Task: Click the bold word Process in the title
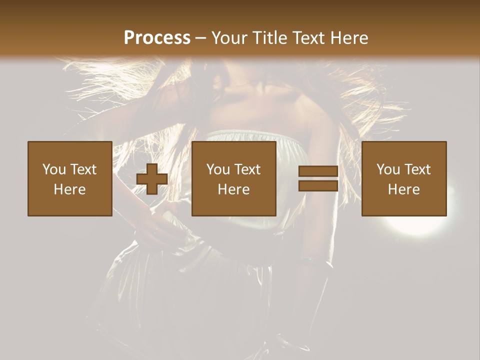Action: point(157,38)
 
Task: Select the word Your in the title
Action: point(229,38)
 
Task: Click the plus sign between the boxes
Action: point(152,179)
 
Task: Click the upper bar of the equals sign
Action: point(318,171)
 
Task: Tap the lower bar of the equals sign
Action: point(318,186)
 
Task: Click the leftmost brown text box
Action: point(70,179)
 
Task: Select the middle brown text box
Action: point(234,179)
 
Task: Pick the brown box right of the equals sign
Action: point(404,179)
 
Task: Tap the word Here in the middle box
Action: point(234,189)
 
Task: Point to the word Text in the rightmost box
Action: point(417,169)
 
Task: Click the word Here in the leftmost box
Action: point(70,189)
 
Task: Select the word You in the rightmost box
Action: point(388,169)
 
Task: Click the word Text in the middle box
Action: point(247,169)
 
